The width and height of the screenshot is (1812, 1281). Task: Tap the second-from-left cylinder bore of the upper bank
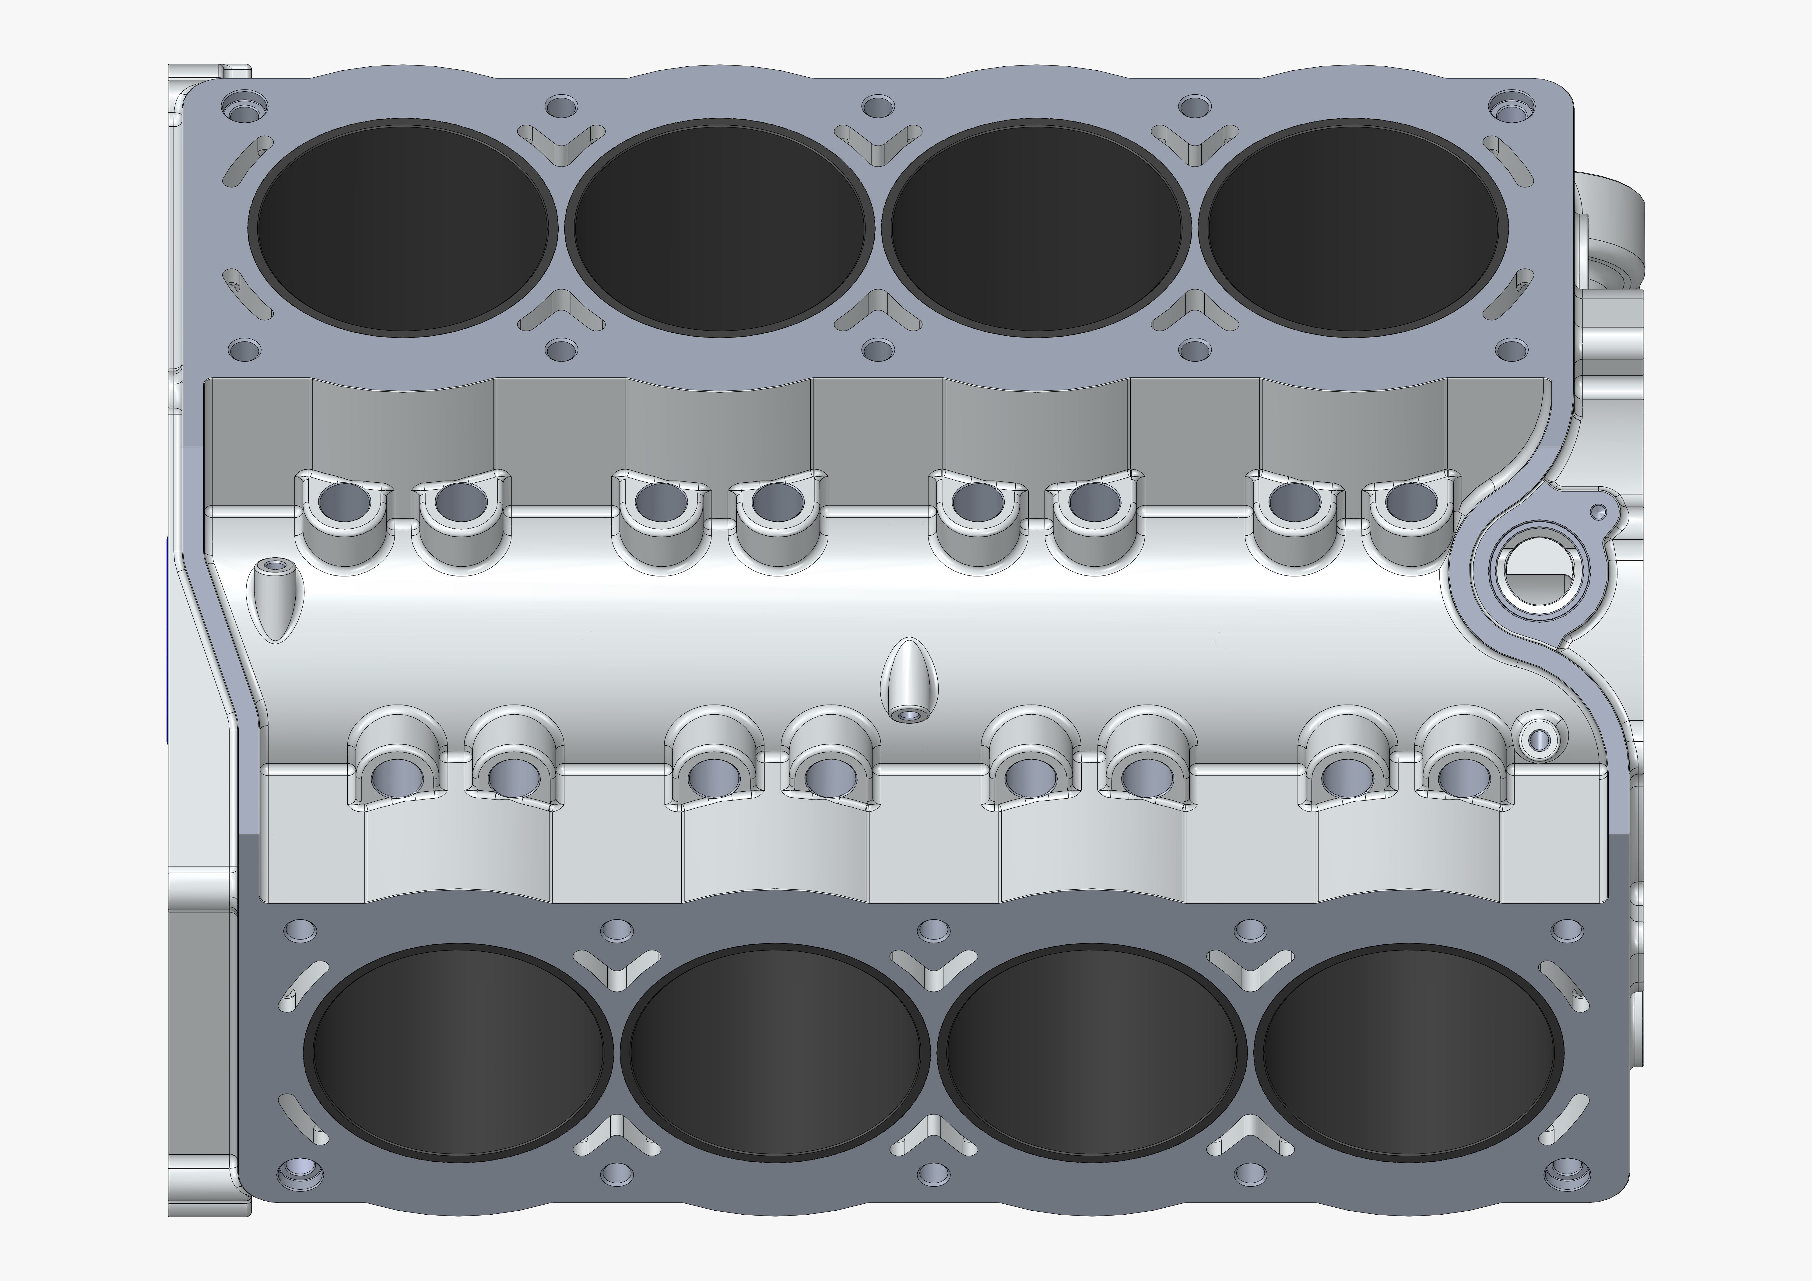tap(718, 226)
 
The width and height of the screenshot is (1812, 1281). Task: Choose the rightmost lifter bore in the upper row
tap(1410, 499)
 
